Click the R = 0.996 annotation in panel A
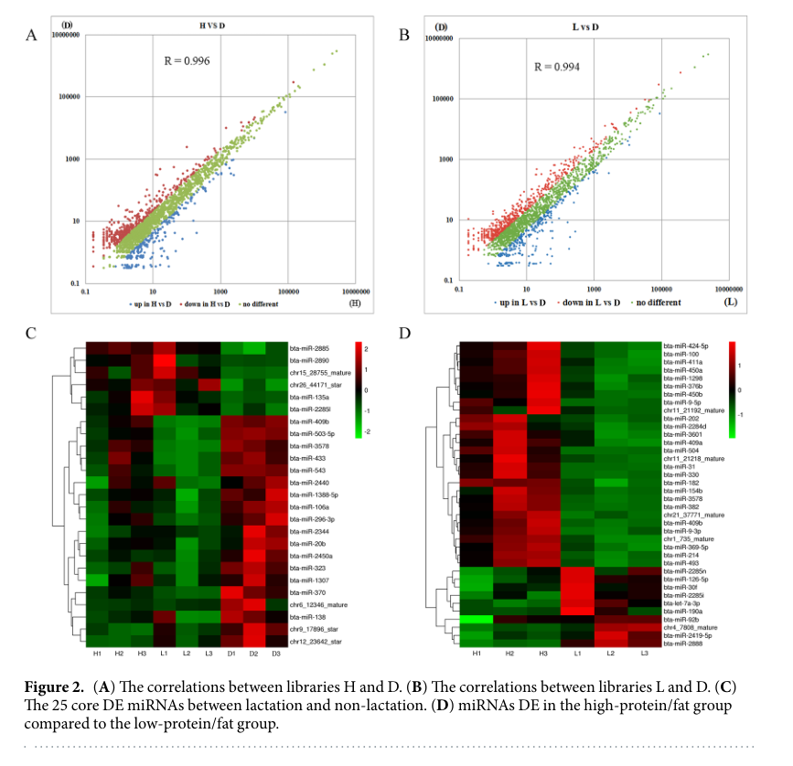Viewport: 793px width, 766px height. [187, 61]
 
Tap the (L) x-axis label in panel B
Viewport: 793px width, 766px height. [730, 302]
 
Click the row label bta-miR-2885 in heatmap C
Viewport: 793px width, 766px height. [310, 348]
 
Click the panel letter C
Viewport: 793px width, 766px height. [31, 332]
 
